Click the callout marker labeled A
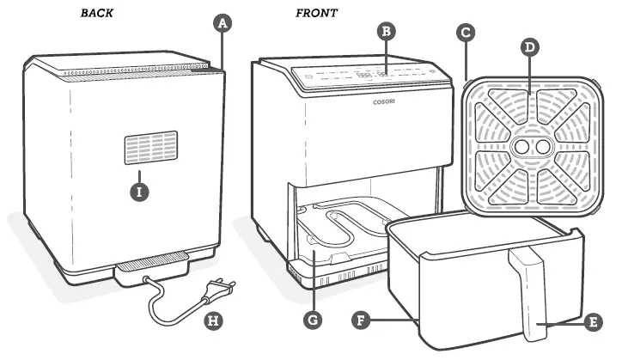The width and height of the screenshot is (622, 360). (x=223, y=24)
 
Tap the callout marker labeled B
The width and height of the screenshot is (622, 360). (x=387, y=32)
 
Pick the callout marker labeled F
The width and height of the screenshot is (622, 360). (x=364, y=320)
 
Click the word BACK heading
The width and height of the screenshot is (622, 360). (x=99, y=13)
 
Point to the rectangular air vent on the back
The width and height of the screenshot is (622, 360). (x=150, y=148)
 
